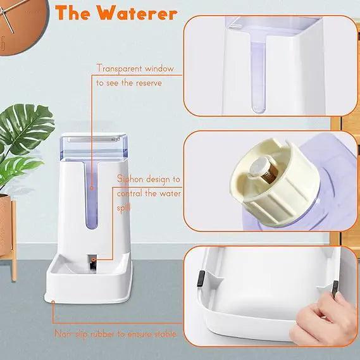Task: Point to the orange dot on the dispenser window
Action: [91, 188]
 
